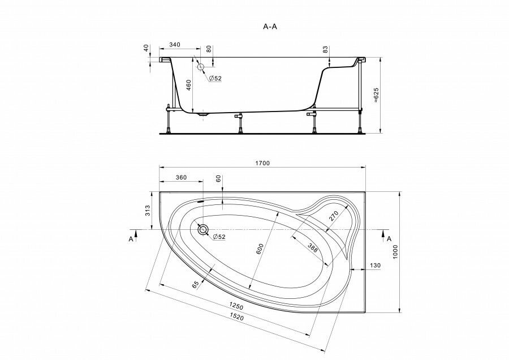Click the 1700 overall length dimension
[x=262, y=163]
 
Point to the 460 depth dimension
[x=188, y=85]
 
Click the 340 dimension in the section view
[x=174, y=45]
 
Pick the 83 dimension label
[x=325, y=50]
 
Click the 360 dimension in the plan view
[x=181, y=178]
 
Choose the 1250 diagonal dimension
[x=236, y=306]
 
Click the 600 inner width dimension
[x=259, y=249]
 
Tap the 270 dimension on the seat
[x=334, y=216]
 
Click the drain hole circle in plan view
[x=202, y=229]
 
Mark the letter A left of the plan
[x=131, y=239]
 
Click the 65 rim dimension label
[x=195, y=285]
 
